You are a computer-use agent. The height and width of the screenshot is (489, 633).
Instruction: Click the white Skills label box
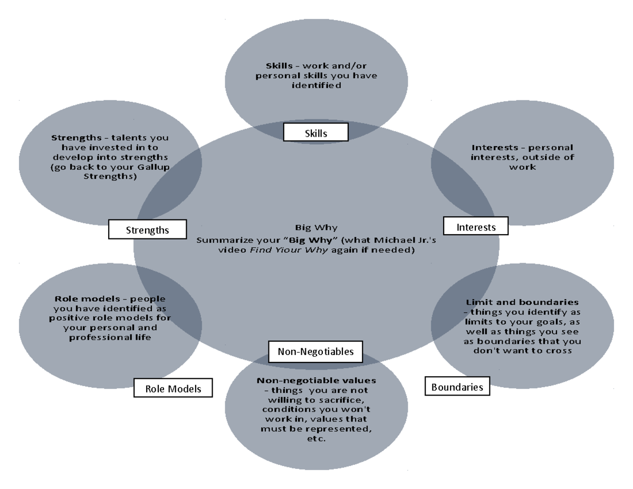coord(315,133)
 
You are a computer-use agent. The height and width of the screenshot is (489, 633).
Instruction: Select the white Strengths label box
coord(147,229)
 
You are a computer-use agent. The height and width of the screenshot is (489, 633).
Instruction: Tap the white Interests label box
coord(476,226)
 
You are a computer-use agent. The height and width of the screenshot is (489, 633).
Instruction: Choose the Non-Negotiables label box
coord(315,351)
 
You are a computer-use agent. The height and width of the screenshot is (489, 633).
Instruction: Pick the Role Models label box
coord(173,389)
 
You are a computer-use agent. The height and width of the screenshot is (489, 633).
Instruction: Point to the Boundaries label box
coord(457,387)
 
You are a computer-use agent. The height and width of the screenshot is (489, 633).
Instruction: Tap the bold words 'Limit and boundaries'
coord(522,302)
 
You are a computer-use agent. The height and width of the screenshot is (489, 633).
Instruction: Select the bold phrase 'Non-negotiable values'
coord(316,380)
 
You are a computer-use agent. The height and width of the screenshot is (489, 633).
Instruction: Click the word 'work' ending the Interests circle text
coord(522,167)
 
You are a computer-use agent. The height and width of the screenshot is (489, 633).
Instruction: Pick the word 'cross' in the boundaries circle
coord(560,350)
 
